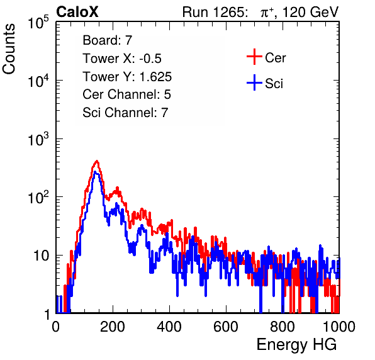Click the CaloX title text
[77, 12]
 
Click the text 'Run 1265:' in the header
[215, 12]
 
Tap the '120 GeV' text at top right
[311, 12]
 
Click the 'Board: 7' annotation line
[108, 40]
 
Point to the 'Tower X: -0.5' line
[122, 59]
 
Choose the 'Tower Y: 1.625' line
[127, 77]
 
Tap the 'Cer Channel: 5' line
[126, 94]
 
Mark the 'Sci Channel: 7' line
[125, 113]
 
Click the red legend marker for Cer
[254, 57]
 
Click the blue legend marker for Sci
[254, 83]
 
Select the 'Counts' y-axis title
[9, 49]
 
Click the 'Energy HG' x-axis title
[296, 345]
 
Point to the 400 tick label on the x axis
[169, 327]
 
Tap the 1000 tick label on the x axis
[339, 327]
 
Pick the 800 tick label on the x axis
[283, 327]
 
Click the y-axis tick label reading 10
[41, 256]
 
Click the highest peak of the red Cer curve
[97, 161]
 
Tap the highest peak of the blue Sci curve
[95, 172]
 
